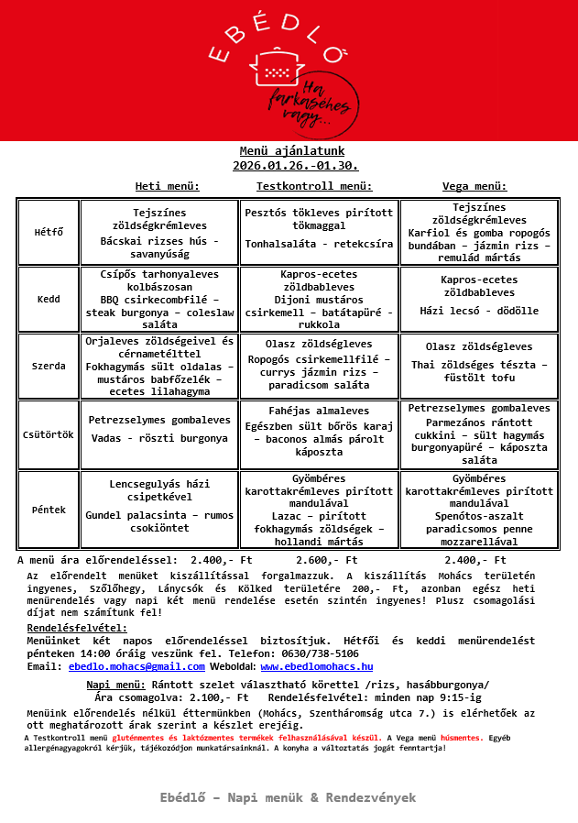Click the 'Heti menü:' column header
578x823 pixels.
coord(168,186)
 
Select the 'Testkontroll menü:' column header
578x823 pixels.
coord(314,186)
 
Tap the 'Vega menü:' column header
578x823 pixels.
coord(474,186)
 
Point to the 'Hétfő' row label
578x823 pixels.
coord(49,232)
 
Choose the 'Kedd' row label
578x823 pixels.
coord(49,299)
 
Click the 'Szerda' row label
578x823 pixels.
coord(49,366)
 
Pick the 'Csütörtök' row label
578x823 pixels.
coord(49,433)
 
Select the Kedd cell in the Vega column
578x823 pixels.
coord(478,299)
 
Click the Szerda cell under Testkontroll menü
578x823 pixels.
coord(320,366)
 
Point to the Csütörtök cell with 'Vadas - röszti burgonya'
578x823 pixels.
coord(159,433)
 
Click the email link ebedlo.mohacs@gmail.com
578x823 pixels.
coord(136,666)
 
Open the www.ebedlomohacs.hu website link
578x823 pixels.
coord(316,666)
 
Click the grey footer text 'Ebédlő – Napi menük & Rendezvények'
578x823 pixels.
coord(288,797)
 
